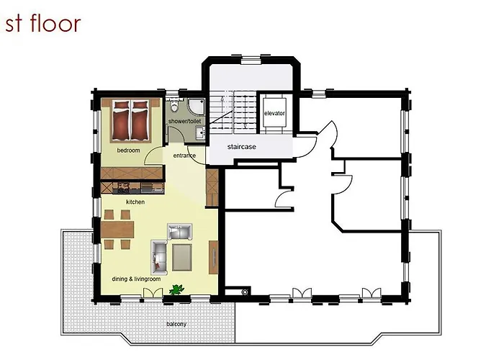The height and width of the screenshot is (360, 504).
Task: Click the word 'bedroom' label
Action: tap(128, 150)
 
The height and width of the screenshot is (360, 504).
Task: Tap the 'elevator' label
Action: tap(274, 114)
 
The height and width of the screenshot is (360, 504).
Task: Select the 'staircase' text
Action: tap(242, 147)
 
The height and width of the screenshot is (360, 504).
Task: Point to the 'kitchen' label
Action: tap(135, 202)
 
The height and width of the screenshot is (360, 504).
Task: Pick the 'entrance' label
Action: tap(185, 156)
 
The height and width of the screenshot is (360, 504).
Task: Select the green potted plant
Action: tap(175, 289)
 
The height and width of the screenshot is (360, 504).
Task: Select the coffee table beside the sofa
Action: tap(182, 254)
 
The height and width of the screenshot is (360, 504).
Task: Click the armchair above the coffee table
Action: tap(179, 231)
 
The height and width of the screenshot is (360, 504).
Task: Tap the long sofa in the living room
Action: tap(159, 257)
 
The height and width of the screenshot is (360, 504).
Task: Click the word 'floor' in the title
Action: tap(58, 24)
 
